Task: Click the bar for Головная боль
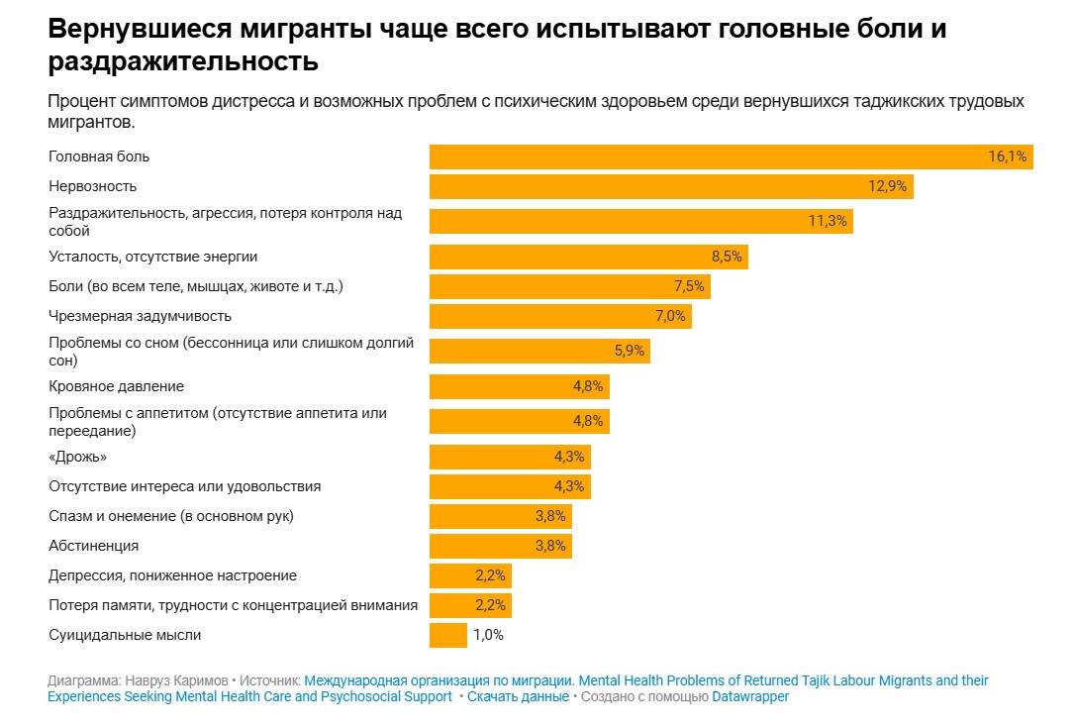pyautogui.click(x=731, y=156)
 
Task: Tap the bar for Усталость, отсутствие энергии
pyautogui.click(x=588, y=257)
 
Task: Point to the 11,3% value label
pyautogui.click(x=828, y=221)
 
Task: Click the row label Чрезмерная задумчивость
pyautogui.click(x=140, y=316)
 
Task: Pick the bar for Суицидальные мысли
pyautogui.click(x=447, y=635)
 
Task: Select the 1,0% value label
pyautogui.click(x=488, y=635)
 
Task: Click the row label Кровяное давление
pyautogui.click(x=116, y=386)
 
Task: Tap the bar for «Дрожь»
pyautogui.click(x=510, y=457)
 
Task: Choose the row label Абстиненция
pyautogui.click(x=93, y=546)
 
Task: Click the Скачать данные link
pyautogui.click(x=518, y=696)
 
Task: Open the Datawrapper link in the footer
pyautogui.click(x=750, y=696)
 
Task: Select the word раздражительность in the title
pyautogui.click(x=182, y=62)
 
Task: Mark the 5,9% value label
pyautogui.click(x=630, y=351)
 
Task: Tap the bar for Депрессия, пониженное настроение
pyautogui.click(x=470, y=575)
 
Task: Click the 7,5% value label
pyautogui.click(x=689, y=286)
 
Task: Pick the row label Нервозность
pyautogui.click(x=93, y=186)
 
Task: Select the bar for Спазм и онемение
pyautogui.click(x=500, y=516)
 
